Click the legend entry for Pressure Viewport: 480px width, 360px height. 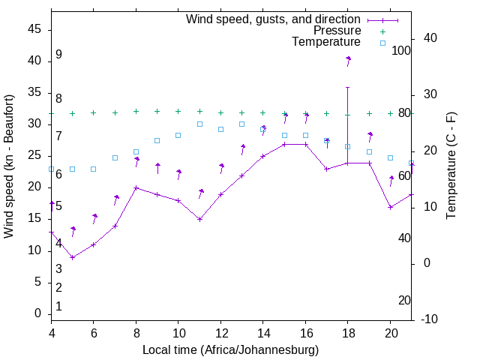[337, 31]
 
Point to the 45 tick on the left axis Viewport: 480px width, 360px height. [34, 28]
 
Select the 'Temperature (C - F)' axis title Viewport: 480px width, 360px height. [451, 166]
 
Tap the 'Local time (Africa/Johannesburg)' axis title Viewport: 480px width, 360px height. [231, 349]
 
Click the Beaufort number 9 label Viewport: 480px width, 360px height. [58, 55]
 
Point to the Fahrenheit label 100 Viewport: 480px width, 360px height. [401, 50]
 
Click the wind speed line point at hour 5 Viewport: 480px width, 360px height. [73, 257]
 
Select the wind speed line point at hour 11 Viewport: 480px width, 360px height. [199, 219]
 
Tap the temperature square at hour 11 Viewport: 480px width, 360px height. [199, 124]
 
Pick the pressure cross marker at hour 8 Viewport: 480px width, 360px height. [136, 111]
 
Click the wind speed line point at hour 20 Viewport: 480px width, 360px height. [390, 207]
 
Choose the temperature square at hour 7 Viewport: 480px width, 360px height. [115, 157]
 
